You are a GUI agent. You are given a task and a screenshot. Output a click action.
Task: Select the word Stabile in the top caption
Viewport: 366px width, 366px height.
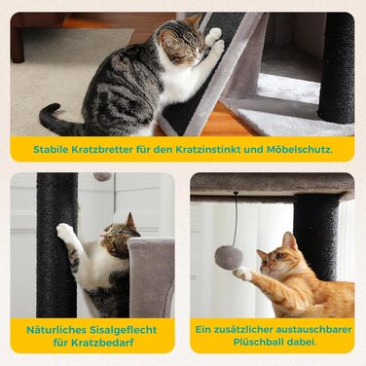coord(48,150)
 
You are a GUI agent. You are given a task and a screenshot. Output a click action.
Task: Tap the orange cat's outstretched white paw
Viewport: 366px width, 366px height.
coord(243,274)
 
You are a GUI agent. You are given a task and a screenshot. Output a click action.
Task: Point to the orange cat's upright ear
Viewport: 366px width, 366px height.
coord(288,240)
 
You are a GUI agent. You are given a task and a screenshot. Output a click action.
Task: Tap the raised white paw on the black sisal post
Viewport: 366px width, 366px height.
coord(64,231)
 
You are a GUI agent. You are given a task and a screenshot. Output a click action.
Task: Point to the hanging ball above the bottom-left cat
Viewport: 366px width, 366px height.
coord(102,176)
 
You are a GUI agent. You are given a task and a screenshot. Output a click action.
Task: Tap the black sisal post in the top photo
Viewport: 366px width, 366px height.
coord(336,68)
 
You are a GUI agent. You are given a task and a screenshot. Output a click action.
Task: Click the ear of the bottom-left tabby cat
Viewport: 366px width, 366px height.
coord(131,221)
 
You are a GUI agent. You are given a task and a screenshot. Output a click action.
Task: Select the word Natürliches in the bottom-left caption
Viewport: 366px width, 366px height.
coord(55,330)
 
